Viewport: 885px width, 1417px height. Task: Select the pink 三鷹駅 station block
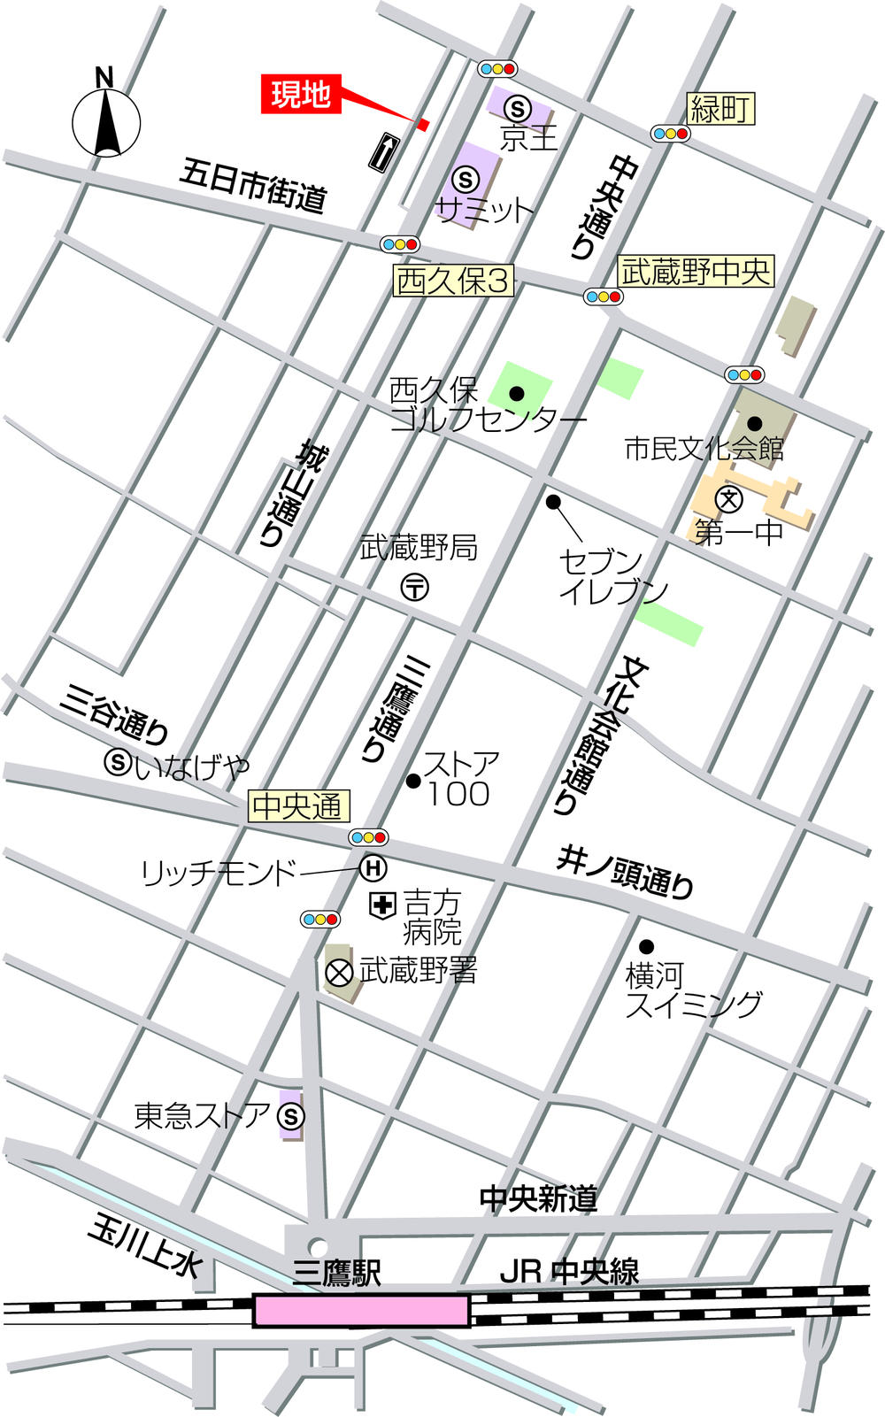pyautogui.click(x=361, y=1310)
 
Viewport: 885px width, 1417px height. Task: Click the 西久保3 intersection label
pyautogui.click(x=454, y=281)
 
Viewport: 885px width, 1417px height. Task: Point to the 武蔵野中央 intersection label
pyautogui.click(x=696, y=272)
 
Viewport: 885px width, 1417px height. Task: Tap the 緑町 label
pyautogui.click(x=721, y=109)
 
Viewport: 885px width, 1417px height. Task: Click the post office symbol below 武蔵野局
pyautogui.click(x=415, y=587)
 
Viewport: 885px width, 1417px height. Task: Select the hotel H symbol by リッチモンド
pyautogui.click(x=373, y=868)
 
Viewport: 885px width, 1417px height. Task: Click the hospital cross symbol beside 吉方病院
pyautogui.click(x=382, y=905)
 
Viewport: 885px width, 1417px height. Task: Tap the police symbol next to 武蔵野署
pyautogui.click(x=339, y=973)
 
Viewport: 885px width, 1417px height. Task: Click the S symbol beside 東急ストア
pyautogui.click(x=291, y=1116)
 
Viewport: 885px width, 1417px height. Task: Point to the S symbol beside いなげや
pyautogui.click(x=119, y=760)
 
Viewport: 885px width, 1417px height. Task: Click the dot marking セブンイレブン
pyautogui.click(x=553, y=502)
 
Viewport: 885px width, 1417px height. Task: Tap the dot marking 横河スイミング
pyautogui.click(x=647, y=946)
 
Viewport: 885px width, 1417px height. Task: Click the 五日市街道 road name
pyautogui.click(x=253, y=185)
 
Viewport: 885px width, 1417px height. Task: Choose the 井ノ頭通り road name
pyautogui.click(x=625, y=871)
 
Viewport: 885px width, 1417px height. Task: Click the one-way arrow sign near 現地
pyautogui.click(x=382, y=152)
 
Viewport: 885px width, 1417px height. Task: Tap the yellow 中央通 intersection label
pyautogui.click(x=297, y=805)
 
